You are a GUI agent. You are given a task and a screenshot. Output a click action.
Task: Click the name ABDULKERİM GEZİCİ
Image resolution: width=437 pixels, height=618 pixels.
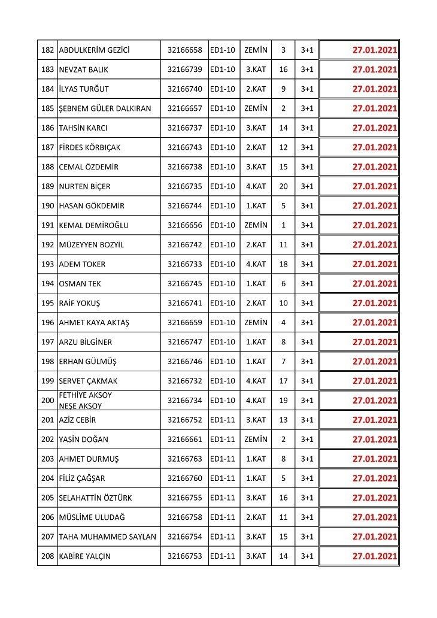pyautogui.click(x=94, y=50)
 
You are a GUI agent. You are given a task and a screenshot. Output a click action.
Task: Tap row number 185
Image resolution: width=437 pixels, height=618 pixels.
pyautogui.click(x=47, y=108)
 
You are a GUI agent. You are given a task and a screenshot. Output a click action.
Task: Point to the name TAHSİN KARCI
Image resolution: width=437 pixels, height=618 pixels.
pyautogui.click(x=83, y=128)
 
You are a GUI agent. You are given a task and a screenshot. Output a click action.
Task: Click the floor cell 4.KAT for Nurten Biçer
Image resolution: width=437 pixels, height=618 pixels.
pyautogui.click(x=256, y=186)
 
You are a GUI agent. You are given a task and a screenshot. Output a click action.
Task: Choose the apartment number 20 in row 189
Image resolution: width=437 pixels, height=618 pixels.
pyautogui.click(x=283, y=186)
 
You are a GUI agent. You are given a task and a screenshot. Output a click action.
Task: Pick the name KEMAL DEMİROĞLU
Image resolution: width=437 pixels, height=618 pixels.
pyautogui.click(x=93, y=226)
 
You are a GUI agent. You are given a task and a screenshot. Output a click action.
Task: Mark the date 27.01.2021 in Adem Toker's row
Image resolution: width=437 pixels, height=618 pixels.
pyautogui.click(x=375, y=264)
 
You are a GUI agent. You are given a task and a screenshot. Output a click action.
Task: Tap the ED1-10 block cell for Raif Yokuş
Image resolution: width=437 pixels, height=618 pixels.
pyautogui.click(x=223, y=303)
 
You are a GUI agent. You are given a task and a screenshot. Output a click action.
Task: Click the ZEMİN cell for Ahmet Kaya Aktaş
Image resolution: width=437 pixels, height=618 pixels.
pyautogui.click(x=256, y=323)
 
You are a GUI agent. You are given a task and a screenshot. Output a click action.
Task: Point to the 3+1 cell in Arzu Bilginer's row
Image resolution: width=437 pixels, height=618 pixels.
pyautogui.click(x=307, y=342)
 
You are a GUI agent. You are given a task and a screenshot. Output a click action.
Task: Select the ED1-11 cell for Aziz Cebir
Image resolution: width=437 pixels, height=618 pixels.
pyautogui.click(x=223, y=420)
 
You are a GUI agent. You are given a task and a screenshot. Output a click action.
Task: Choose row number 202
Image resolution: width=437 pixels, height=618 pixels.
pyautogui.click(x=47, y=440)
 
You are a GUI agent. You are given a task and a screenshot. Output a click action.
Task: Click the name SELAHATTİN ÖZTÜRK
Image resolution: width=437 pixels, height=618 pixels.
pyautogui.click(x=95, y=498)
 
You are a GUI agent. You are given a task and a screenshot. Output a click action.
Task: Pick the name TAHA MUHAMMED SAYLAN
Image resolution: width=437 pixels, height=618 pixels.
pyautogui.click(x=107, y=537)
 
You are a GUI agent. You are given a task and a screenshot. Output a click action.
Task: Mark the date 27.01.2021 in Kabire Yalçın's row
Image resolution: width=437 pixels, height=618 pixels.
pyautogui.click(x=375, y=556)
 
